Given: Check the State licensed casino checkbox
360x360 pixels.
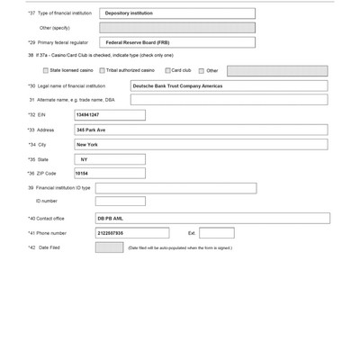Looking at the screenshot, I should click(x=46, y=70).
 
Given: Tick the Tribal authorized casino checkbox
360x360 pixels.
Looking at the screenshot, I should click(x=103, y=70).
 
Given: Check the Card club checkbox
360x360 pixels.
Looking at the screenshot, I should click(x=168, y=70).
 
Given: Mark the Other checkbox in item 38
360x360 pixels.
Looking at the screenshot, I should click(x=202, y=70).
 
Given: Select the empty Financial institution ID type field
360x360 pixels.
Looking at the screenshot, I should click(x=175, y=188).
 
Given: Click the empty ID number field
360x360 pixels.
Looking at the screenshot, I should click(x=120, y=202).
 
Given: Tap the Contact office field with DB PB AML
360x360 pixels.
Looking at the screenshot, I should click(x=211, y=218).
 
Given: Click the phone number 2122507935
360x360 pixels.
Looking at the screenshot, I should click(x=131, y=233).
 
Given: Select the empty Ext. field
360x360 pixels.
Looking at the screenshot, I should click(x=216, y=233).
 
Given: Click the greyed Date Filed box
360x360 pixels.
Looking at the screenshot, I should click(x=109, y=247).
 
